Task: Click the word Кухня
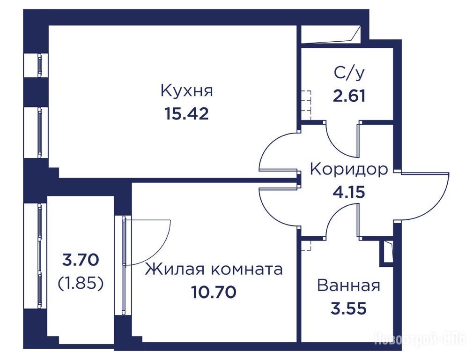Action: coord(187,90)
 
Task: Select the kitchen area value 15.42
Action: coord(187,114)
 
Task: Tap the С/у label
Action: coord(349,73)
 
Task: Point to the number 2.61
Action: coord(349,96)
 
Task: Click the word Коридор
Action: coord(349,170)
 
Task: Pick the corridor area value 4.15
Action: coord(349,192)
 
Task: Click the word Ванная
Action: coord(349,286)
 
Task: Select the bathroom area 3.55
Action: coord(349,308)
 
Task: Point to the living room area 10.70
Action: coord(214,292)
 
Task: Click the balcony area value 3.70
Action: coord(80,260)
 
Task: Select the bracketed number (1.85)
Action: coord(81,283)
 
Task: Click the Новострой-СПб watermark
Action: coord(423,338)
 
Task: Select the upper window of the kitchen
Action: coord(39,65)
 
